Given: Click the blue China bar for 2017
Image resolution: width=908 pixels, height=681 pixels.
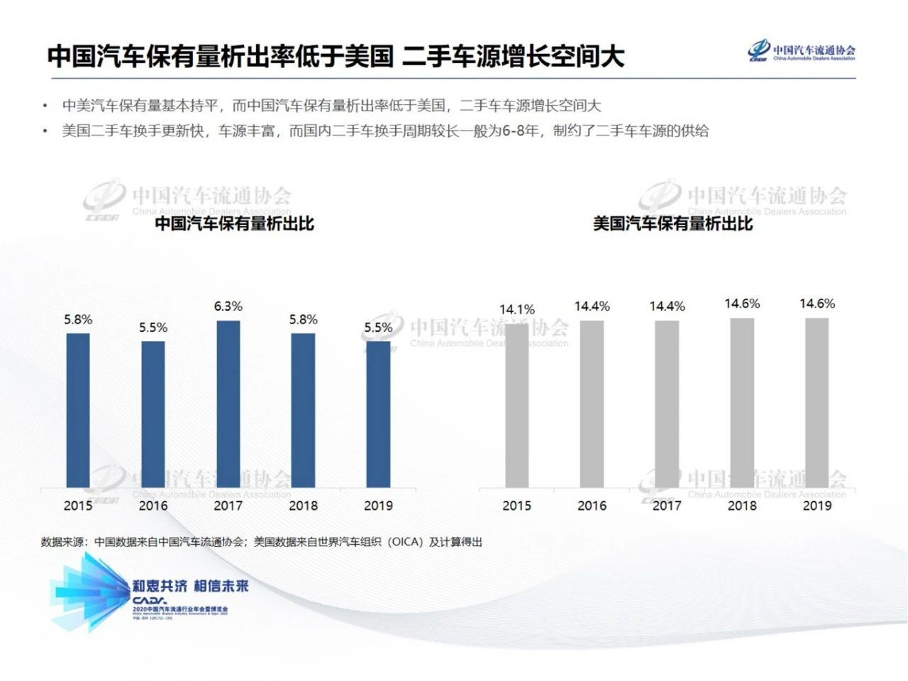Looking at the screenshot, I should (228, 404).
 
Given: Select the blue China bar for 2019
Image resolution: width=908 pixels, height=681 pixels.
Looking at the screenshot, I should (378, 415).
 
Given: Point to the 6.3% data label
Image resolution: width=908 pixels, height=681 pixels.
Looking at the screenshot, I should (228, 306).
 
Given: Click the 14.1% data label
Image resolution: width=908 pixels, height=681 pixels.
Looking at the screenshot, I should (517, 309).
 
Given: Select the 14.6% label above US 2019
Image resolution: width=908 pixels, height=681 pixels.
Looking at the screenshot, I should (817, 304).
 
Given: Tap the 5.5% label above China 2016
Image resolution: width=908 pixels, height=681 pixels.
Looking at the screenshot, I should (153, 328).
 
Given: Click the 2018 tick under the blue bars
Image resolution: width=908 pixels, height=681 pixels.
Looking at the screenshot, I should (303, 506).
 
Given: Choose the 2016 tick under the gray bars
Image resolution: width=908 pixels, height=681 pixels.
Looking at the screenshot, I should (592, 506).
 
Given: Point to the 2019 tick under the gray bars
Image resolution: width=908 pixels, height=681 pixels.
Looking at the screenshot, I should (817, 506).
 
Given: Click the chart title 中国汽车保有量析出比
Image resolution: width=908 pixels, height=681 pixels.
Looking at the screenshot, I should (234, 223).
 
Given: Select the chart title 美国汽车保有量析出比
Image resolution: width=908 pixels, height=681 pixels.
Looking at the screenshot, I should (672, 223).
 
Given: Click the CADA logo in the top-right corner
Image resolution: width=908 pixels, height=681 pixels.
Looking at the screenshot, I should (802, 51).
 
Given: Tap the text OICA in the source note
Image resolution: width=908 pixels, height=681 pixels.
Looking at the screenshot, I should (406, 542).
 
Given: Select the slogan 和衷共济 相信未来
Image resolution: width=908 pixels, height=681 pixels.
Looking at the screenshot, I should (191, 586).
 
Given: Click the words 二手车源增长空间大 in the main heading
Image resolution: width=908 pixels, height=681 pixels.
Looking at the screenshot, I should (514, 56).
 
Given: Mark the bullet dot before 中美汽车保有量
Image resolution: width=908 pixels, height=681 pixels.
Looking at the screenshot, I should (45, 106).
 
